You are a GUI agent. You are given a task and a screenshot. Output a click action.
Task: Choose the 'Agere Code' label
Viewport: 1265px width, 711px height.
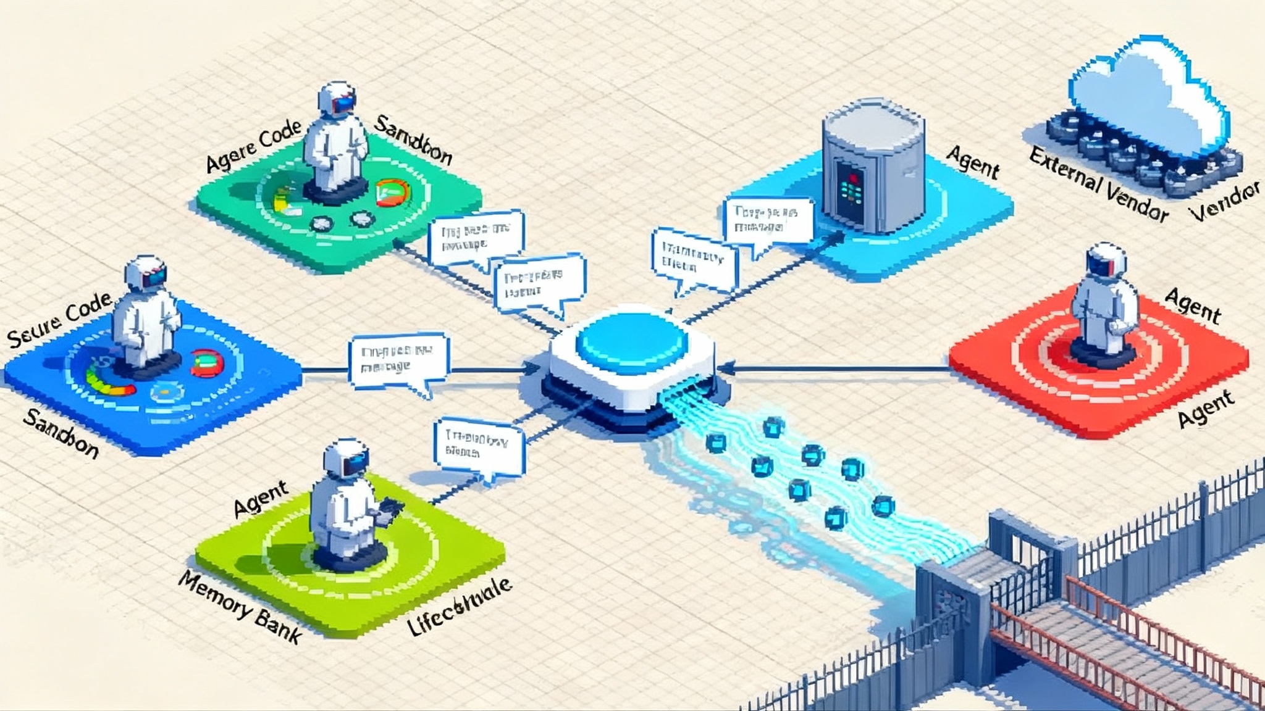click(x=253, y=146)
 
